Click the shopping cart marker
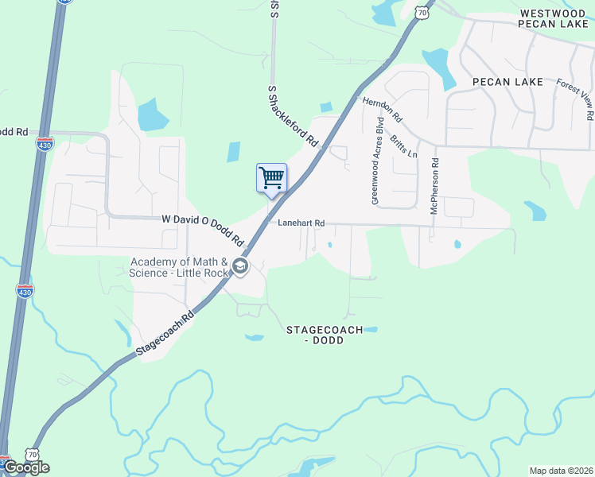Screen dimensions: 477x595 [x=271, y=178]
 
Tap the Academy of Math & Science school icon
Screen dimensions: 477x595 [x=239, y=267]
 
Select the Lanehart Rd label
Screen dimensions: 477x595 [x=301, y=224]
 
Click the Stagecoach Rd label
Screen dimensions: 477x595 [x=165, y=334]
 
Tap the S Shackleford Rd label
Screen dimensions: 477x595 [x=293, y=117]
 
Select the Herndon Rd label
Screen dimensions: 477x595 [x=383, y=111]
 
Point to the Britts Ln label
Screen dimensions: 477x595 [x=403, y=145]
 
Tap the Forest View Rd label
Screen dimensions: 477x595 [x=575, y=99]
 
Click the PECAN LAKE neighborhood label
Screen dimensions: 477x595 [x=507, y=82]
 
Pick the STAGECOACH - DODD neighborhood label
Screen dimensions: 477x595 [x=325, y=335]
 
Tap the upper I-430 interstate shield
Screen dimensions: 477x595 [x=45, y=144]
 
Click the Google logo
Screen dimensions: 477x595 [x=25, y=467]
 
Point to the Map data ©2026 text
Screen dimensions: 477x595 [x=561, y=471]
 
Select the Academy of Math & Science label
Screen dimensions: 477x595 [x=179, y=267]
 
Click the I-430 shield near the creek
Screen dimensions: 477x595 [x=25, y=291]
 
